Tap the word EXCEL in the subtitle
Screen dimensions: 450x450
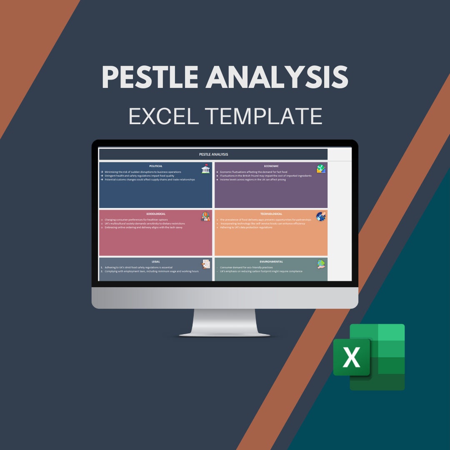163,116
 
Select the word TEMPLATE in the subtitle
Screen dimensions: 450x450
266,116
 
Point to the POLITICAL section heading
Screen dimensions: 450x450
155,166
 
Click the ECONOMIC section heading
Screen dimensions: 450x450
271,166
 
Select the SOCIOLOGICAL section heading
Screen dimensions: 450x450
155,214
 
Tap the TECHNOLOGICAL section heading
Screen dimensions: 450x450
271,214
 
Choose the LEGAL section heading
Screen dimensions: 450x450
155,262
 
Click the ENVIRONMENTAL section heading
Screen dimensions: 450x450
271,262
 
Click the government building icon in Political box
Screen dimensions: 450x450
205,169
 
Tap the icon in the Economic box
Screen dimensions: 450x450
321,169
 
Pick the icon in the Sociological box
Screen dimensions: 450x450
205,217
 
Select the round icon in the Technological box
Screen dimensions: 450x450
321,217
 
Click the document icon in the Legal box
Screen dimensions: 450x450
206,264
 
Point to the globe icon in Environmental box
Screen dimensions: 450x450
321,264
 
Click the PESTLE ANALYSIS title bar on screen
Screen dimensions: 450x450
213,154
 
